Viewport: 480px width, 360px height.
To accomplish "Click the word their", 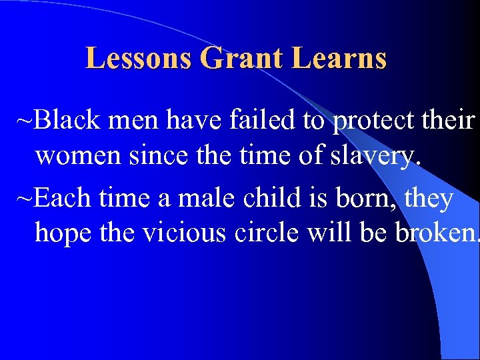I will (449, 121).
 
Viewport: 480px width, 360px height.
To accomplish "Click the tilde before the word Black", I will (25, 121).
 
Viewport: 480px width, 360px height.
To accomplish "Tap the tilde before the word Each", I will (25, 198).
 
